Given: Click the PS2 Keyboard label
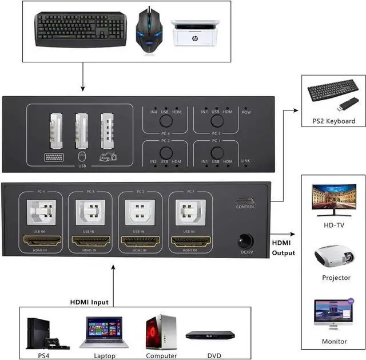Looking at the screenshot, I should pyautogui.click(x=333, y=121).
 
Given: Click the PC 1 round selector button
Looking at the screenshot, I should pyautogui.click(x=216, y=152).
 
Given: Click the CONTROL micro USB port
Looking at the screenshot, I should pyautogui.click(x=245, y=201).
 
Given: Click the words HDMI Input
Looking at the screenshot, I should pyautogui.click(x=89, y=302).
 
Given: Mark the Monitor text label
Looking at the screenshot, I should pyautogui.click(x=335, y=342).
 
